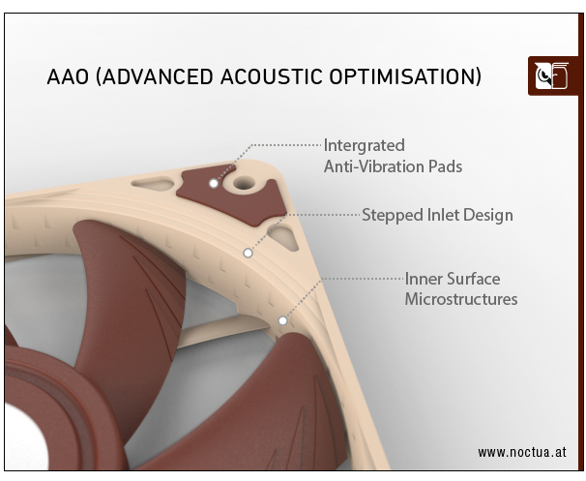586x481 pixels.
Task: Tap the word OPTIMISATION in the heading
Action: tap(405, 76)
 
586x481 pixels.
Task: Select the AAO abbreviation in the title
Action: tap(68, 76)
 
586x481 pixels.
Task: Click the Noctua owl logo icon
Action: tap(551, 76)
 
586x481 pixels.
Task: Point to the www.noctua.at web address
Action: tap(522, 452)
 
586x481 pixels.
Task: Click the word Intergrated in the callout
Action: tap(364, 145)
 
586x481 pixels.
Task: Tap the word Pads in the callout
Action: tap(446, 166)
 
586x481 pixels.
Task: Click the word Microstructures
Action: tap(461, 299)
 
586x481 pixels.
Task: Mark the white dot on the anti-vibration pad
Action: tap(214, 184)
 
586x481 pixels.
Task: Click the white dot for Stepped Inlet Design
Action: tap(248, 254)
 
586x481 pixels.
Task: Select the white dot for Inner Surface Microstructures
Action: tap(283, 320)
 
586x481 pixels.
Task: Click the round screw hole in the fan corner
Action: tap(244, 183)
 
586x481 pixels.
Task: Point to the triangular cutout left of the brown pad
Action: tap(153, 183)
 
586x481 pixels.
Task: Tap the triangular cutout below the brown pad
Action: tap(284, 237)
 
